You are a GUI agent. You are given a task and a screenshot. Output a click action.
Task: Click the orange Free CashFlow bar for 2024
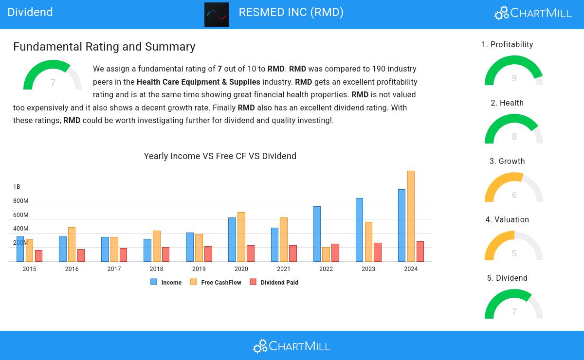click(411, 216)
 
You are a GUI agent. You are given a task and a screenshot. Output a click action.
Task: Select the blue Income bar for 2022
click(317, 234)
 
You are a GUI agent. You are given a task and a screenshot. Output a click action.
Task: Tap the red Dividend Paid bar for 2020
click(251, 253)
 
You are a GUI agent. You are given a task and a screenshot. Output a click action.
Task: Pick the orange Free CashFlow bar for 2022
click(326, 254)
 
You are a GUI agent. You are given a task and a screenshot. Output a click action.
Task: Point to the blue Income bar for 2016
click(63, 249)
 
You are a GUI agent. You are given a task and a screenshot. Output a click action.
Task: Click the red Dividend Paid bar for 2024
click(420, 252)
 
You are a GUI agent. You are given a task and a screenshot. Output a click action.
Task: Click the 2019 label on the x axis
click(199, 269)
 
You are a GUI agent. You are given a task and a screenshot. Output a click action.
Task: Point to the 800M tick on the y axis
click(20, 201)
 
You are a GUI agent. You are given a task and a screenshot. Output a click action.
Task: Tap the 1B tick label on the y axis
click(17, 187)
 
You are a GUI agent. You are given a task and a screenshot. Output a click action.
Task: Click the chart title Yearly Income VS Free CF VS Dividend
click(220, 156)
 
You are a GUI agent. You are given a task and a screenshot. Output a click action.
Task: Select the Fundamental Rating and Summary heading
click(104, 47)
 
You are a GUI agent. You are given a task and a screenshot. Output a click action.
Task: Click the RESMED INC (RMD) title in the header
click(291, 12)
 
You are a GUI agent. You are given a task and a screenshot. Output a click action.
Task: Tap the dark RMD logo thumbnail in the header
click(217, 15)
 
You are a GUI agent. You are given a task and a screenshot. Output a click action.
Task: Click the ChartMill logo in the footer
click(292, 346)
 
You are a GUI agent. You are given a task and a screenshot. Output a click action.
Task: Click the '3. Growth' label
click(507, 162)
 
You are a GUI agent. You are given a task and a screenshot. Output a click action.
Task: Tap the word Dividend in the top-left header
click(30, 12)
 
